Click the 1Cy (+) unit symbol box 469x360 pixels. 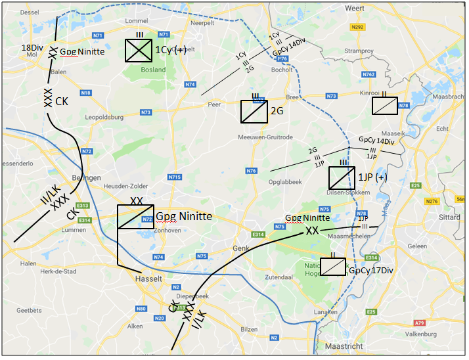click(139, 50)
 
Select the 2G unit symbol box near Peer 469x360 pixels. click(254, 112)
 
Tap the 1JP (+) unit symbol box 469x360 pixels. click(342, 177)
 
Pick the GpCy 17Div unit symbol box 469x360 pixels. click(333, 267)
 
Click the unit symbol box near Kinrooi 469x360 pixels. click(384, 106)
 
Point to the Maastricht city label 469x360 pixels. click(346, 346)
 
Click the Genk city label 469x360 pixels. click(238, 248)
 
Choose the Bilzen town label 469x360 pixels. click(249, 328)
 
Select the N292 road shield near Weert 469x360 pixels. click(375, 28)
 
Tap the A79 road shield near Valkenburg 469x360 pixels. click(420, 323)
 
